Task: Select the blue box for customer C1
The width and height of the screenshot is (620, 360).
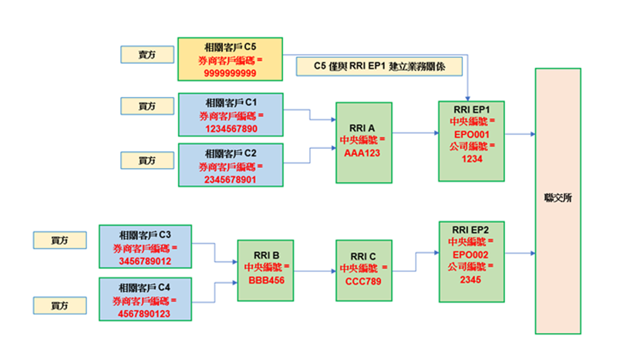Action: [230, 115]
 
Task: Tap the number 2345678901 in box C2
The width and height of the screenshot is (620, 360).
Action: [230, 179]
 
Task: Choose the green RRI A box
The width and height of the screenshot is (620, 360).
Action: [365, 142]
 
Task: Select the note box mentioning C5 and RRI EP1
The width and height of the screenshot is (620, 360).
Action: [379, 67]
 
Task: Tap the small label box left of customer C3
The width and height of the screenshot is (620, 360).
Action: [59, 240]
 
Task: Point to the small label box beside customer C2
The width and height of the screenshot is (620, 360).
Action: [147, 160]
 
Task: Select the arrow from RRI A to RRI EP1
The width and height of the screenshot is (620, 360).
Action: [415, 133]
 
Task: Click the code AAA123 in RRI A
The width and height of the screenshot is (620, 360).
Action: [365, 153]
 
